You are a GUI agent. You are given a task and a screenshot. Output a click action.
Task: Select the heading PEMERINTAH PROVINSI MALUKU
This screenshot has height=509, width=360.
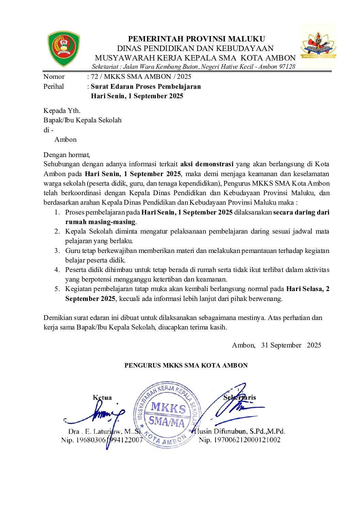[196, 39]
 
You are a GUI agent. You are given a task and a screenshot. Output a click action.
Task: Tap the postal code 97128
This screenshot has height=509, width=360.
[287, 67]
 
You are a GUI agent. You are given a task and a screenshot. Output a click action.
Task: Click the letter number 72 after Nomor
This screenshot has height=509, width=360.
[95, 77]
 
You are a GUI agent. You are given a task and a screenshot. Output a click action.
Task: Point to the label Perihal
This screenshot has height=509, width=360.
[53, 86]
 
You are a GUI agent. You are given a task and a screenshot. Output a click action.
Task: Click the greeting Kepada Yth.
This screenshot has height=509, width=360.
[62, 111]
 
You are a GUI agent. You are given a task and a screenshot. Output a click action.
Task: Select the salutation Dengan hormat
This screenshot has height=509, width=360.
[67, 155]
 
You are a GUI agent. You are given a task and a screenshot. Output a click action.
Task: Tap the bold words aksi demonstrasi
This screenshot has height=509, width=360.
[207, 164]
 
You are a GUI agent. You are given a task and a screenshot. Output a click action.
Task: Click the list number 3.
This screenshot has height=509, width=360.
[57, 251]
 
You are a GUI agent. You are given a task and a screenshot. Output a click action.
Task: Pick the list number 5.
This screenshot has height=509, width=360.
[57, 289]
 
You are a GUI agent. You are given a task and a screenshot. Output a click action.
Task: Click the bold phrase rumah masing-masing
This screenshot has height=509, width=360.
[100, 222]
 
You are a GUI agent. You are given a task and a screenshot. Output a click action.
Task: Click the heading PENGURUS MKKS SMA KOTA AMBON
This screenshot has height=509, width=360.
[186, 366]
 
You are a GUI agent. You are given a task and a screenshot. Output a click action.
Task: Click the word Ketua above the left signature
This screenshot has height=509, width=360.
[102, 397]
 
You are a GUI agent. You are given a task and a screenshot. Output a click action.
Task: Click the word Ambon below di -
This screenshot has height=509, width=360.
[65, 139]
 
